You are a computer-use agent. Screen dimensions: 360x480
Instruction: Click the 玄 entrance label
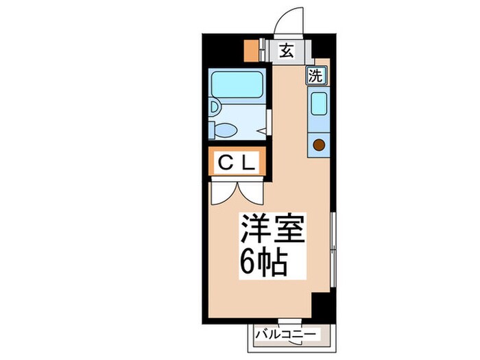[x=287, y=50]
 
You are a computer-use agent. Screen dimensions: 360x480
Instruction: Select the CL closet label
[x=237, y=163]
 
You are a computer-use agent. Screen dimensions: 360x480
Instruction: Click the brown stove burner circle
[x=319, y=144]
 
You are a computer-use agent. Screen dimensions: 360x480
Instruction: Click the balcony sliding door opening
[x=289, y=321]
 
